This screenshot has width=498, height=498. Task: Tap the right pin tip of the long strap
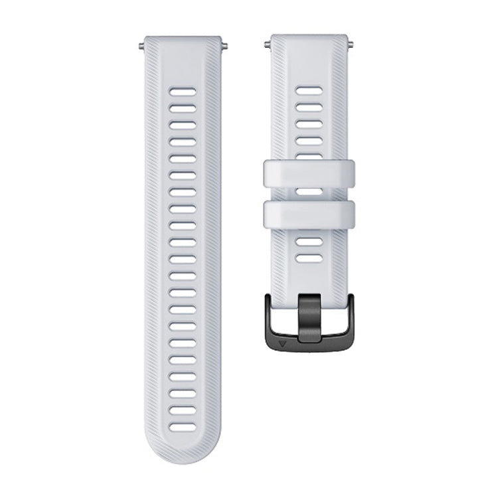coord(228,46)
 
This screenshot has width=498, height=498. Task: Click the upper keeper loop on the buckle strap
coord(311,173)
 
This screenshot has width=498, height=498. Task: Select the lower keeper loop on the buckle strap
coord(311,212)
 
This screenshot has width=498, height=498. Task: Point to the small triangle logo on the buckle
coord(285,345)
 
